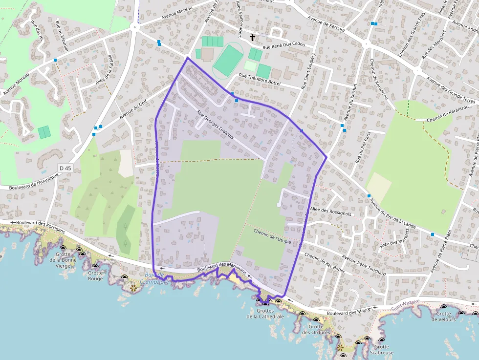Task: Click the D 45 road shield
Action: (65, 168)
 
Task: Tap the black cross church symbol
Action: (253, 37)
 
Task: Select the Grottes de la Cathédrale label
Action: (270, 313)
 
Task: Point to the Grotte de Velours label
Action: (443, 317)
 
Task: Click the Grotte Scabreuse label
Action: (382, 350)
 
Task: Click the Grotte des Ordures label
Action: (316, 330)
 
